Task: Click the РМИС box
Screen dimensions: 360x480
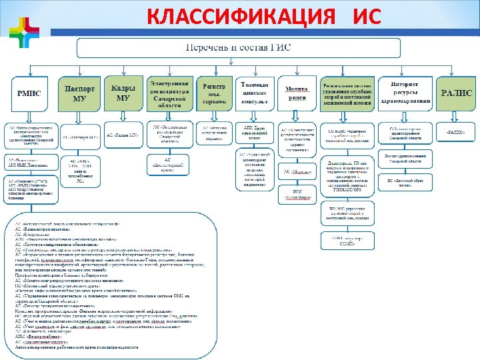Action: tap(29, 93)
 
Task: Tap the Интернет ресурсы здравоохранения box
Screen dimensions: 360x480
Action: tap(403, 93)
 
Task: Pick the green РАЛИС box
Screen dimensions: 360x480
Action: tap(456, 93)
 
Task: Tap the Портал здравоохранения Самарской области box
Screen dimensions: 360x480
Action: tap(403, 159)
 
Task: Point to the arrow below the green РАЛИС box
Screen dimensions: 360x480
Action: tap(456, 116)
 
